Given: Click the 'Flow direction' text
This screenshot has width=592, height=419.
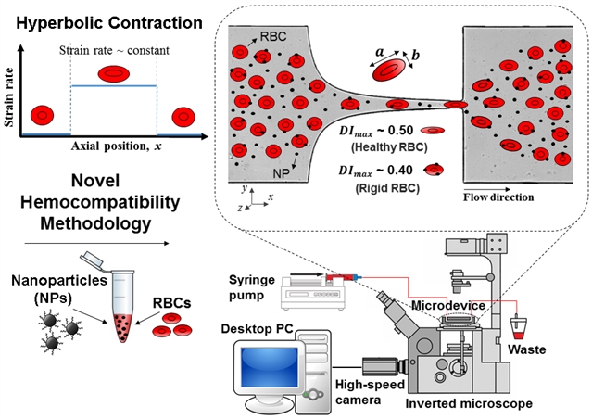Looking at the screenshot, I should (x=499, y=197).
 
